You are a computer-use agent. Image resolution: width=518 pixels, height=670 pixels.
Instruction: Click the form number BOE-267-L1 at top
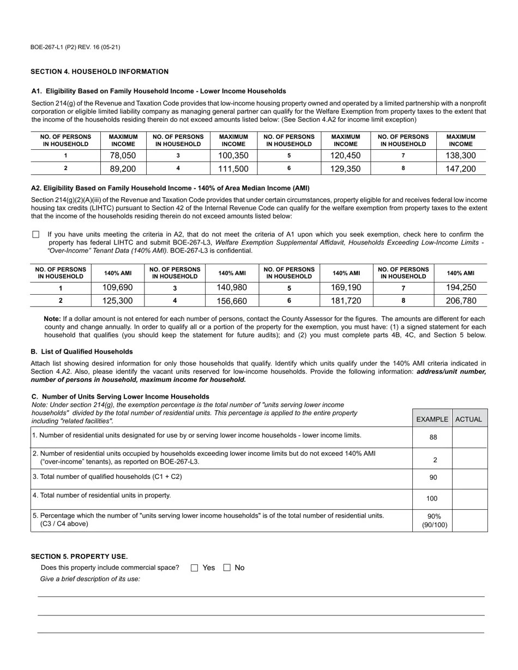75,47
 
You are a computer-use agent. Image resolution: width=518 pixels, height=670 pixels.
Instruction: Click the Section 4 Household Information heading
99,71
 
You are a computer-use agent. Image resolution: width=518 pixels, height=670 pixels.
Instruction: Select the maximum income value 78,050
123,156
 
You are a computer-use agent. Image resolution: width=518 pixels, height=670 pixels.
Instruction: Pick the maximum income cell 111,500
233,169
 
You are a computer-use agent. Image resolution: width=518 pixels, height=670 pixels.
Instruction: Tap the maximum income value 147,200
460,169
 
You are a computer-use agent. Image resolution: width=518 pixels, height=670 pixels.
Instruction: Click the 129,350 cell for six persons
345,169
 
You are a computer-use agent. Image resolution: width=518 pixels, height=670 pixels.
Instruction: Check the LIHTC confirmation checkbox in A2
36,234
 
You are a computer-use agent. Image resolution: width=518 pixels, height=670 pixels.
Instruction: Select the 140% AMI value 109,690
117,288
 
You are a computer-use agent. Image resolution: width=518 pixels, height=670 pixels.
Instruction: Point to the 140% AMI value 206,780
460,301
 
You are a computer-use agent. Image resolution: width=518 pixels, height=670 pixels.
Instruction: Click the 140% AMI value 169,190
346,288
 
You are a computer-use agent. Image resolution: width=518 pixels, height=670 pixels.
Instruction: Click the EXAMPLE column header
432,419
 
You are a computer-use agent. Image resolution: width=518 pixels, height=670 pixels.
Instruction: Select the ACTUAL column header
469,419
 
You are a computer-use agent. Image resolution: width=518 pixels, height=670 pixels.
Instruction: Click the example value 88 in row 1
433,437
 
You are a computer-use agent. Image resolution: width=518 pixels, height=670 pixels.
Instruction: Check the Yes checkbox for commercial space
195,568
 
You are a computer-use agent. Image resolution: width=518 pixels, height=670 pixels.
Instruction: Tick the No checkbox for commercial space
227,568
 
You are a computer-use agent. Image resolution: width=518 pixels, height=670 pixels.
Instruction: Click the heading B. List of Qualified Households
82,351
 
